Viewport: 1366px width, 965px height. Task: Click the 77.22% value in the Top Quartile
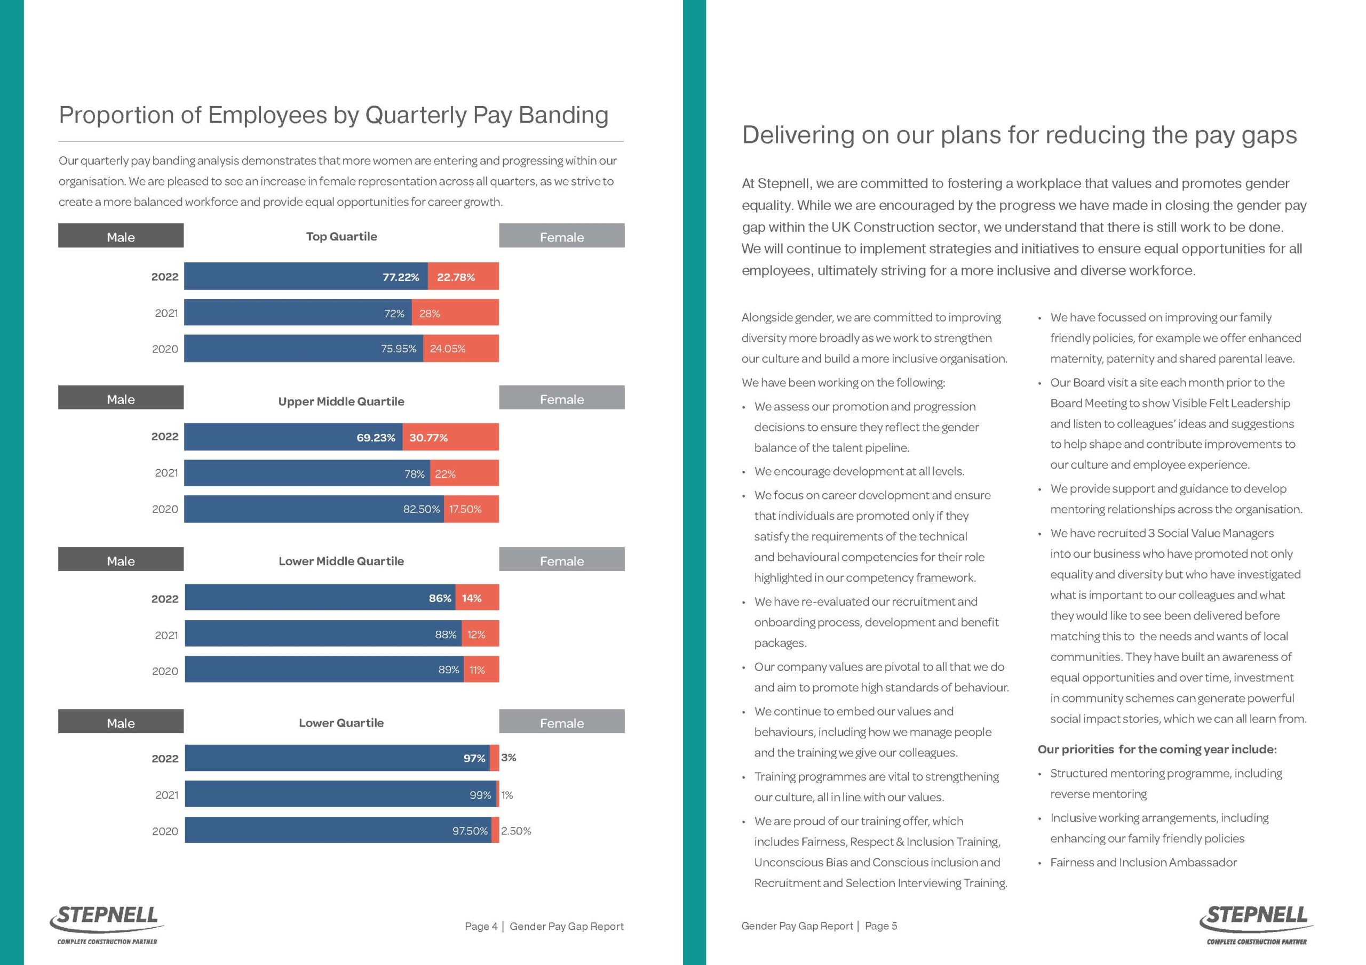(400, 277)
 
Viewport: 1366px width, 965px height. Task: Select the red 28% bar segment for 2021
(463, 313)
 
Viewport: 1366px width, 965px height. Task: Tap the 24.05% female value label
(447, 349)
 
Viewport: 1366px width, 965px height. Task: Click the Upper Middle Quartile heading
(341, 401)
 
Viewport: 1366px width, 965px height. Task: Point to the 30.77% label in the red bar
(428, 438)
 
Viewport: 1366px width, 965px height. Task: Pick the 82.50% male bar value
(421, 510)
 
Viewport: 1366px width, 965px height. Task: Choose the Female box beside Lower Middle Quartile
(561, 560)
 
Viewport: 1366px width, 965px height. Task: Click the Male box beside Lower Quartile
(121, 722)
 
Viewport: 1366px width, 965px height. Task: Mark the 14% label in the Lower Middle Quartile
(471, 598)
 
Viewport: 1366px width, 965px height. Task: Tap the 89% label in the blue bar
(449, 670)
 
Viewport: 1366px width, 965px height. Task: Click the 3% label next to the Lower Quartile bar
(509, 758)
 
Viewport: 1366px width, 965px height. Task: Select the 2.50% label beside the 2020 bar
(516, 831)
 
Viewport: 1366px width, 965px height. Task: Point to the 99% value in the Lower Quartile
(480, 795)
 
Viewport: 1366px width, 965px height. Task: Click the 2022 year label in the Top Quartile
(165, 277)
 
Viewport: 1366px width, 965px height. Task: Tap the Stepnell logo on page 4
(107, 923)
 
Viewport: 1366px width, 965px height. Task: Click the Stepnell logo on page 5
(1256, 923)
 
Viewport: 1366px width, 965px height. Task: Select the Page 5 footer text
(880, 926)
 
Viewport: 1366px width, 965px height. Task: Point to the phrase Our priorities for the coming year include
(1157, 749)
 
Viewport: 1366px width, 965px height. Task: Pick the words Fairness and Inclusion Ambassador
(1143, 862)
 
